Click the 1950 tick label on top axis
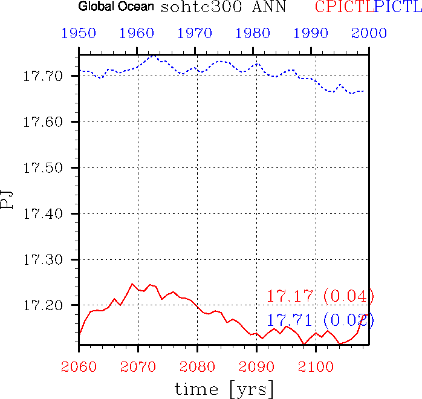point(79,33)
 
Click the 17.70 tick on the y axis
point(45,76)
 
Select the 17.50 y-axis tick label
point(45,168)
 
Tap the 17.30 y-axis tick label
point(45,260)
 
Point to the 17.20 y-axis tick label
point(45,306)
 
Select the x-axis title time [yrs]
point(224,388)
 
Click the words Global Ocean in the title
point(116,8)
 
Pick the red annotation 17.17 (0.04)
point(320,297)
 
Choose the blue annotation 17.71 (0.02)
point(320,320)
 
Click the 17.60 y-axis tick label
point(45,122)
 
